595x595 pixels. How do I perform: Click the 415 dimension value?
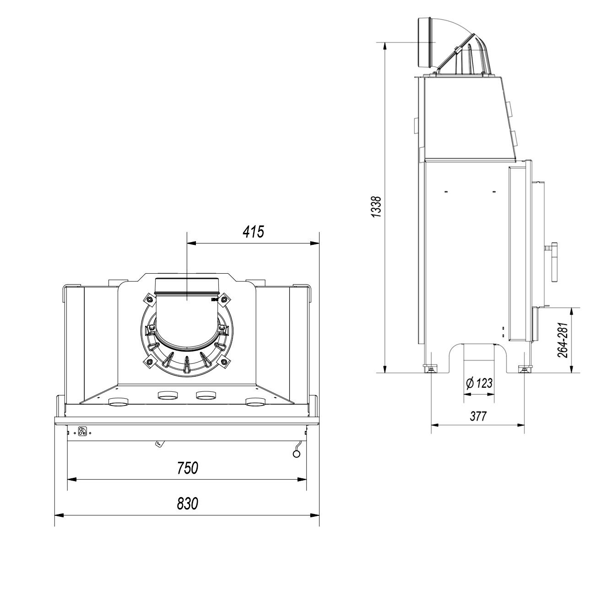click(x=253, y=232)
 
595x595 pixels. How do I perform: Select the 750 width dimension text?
click(x=187, y=468)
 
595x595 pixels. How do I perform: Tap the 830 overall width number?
click(x=187, y=503)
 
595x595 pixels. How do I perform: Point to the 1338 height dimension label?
click(x=377, y=207)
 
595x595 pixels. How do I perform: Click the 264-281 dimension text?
click(x=563, y=340)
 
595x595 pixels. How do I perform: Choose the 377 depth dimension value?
click(x=478, y=416)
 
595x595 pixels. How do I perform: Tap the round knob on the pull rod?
click(x=297, y=454)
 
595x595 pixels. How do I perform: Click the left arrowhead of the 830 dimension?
click(x=59, y=516)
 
